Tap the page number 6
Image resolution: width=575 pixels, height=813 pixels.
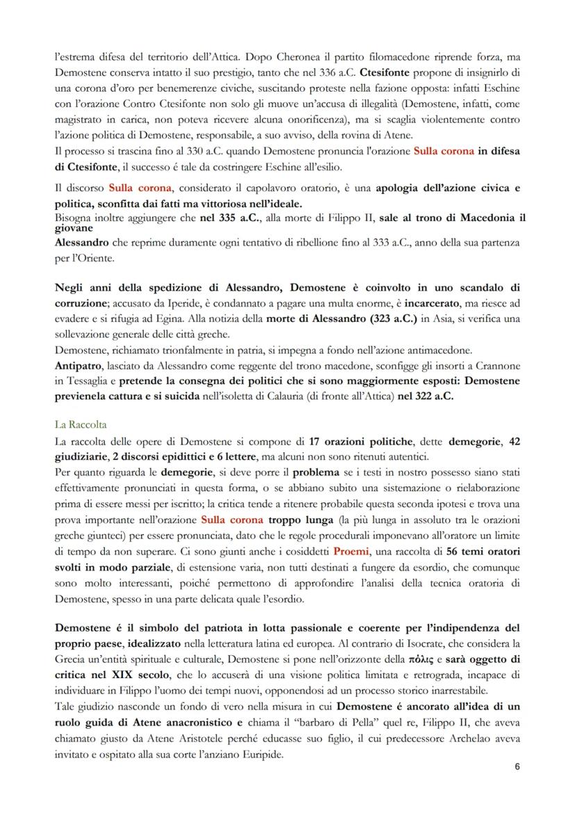coord(517,766)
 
